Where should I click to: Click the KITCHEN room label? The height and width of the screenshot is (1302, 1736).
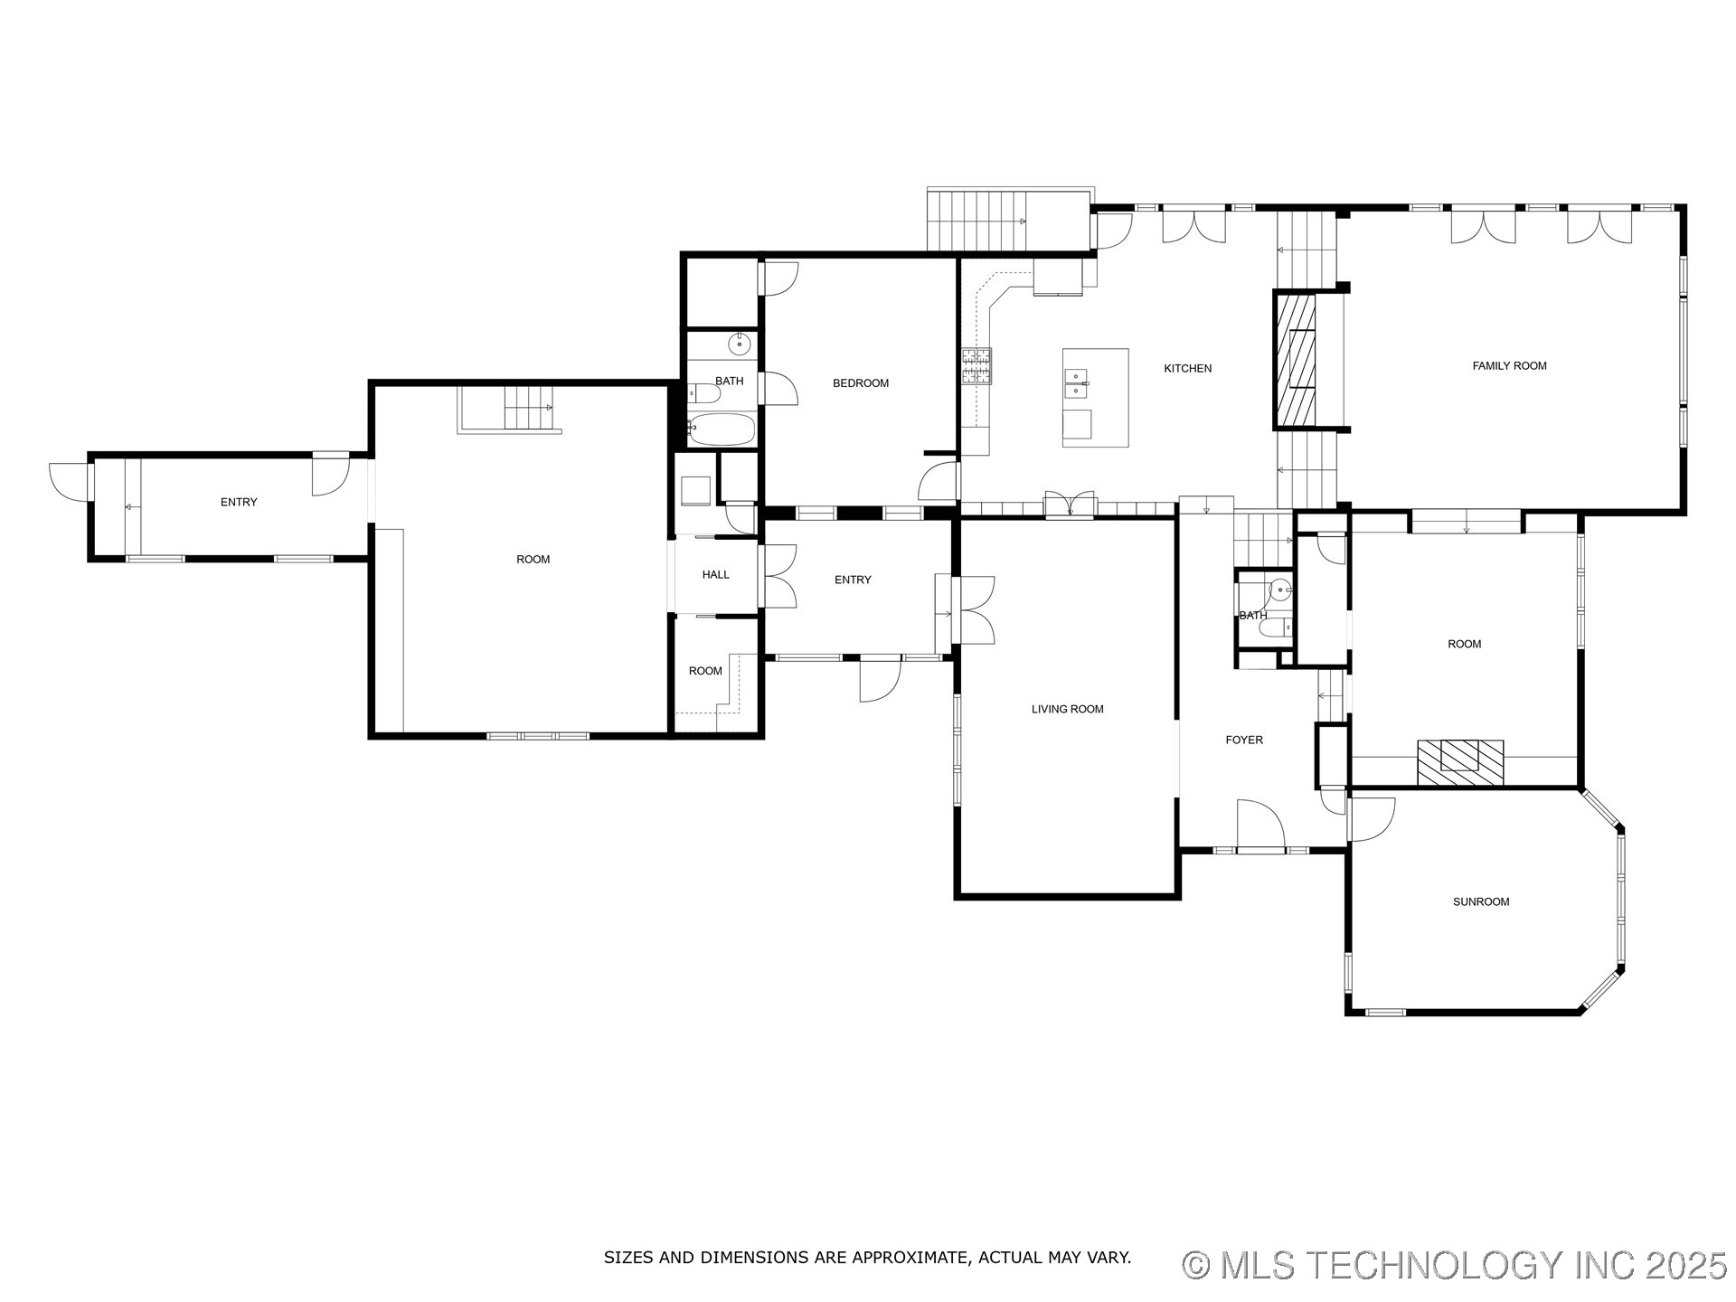[x=1187, y=368]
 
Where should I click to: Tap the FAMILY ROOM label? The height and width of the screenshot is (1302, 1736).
[x=1509, y=366]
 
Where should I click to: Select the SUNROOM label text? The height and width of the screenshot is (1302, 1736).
[x=1481, y=901]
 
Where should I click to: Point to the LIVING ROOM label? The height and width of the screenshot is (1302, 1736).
[x=1067, y=709]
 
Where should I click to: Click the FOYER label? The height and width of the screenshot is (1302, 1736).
[x=1243, y=740]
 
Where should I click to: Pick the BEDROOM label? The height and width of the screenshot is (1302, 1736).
[x=860, y=383]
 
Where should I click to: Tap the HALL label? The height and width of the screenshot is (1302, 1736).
[x=715, y=574]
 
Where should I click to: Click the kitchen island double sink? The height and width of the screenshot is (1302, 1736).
[x=1077, y=383]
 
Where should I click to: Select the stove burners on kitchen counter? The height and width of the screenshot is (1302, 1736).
[x=976, y=366]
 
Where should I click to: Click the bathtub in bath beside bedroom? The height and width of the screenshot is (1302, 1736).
[x=722, y=429]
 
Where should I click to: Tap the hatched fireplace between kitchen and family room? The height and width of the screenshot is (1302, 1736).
[x=1295, y=360]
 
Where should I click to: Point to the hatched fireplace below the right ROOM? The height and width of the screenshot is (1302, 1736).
[x=1459, y=761]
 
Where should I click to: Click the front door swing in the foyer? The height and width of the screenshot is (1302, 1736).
[x=1260, y=823]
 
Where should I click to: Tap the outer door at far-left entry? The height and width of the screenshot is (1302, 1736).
[x=69, y=480]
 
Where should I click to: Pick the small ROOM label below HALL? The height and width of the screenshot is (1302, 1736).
[x=705, y=671]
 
